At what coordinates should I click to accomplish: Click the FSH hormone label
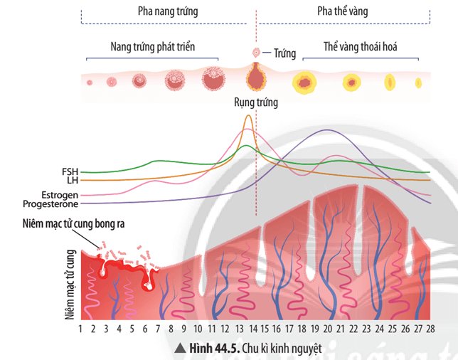70,171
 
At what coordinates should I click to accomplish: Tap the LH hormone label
72,180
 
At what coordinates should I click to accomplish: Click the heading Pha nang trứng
168,12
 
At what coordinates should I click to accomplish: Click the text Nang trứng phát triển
153,47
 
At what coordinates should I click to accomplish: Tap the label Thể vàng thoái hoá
360,47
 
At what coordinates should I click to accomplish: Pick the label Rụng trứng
256,102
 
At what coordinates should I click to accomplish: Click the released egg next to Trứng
255,53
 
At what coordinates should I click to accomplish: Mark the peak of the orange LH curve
247,116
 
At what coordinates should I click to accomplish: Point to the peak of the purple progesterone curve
326,130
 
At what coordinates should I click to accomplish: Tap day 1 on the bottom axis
81,329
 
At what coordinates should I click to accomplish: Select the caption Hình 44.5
213,349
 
